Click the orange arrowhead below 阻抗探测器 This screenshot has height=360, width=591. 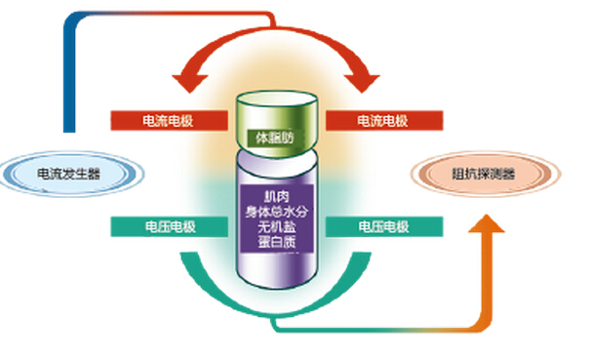(486, 230)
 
